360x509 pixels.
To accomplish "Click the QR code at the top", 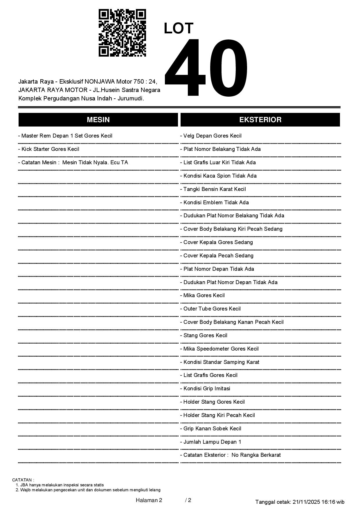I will coord(122,33).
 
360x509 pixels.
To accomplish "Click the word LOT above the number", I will coord(179,28).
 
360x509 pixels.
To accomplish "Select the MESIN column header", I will coord(98,120).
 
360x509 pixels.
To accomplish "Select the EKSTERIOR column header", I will coord(260,120).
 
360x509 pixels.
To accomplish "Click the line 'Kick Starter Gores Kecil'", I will coord(49,149).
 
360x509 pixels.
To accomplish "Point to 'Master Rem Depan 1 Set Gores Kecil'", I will coord(65,136).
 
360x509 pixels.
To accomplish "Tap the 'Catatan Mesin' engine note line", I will coord(73,163).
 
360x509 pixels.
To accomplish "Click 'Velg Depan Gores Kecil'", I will coord(211,136).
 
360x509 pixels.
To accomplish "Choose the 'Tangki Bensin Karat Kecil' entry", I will coord(213,189).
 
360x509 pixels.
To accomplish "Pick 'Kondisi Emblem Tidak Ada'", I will coord(215,203).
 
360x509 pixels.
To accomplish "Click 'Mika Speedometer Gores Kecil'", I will coord(219,349).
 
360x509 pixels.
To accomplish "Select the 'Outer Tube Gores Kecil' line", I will coord(210,309).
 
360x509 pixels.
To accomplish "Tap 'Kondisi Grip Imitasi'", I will coord(205,389).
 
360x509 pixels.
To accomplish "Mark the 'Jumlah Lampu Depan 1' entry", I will coord(211,442).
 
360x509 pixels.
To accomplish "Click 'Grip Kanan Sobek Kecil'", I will coord(211,429).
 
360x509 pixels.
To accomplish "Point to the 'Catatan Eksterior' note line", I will coord(231,455).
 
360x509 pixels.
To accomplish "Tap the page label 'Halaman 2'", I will coord(149,500).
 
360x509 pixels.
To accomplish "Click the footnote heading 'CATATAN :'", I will coord(23,480).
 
